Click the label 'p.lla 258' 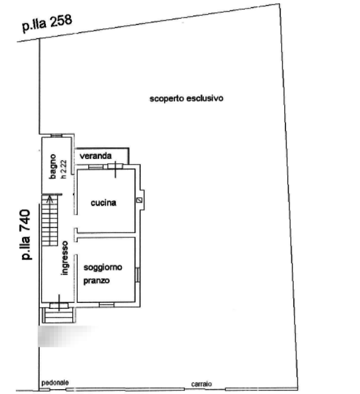point(47,23)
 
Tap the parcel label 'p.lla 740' point(26,235)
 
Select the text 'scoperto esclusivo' point(186,98)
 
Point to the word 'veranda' point(96,156)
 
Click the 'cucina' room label point(103,203)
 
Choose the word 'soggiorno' point(103,267)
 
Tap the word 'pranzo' point(97,280)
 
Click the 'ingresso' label point(65,258)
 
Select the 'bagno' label point(53,166)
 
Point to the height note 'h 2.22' point(64,169)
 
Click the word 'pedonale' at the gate point(55,383)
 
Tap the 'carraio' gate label point(201,384)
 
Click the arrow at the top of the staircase point(50,199)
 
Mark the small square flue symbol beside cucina point(139,200)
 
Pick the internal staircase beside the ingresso point(50,220)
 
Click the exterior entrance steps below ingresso point(59,315)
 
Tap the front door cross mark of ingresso point(59,303)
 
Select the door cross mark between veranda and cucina point(115,169)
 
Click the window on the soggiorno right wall point(138,275)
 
